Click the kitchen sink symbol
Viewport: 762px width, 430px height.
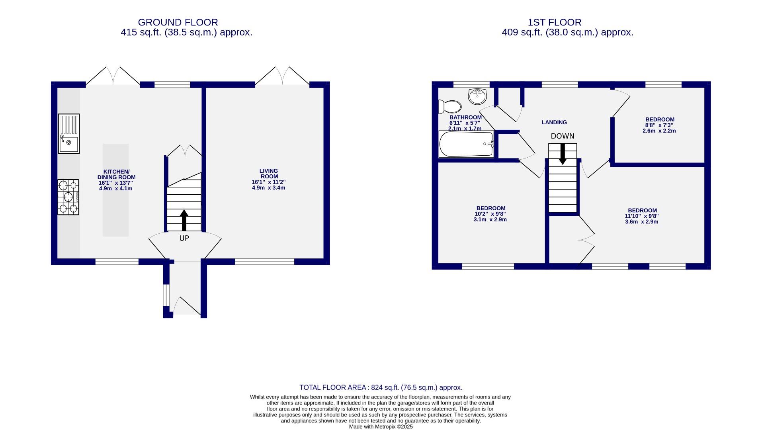(69, 134)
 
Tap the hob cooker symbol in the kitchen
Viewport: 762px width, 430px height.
(68, 197)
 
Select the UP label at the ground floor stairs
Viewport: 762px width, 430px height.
(184, 238)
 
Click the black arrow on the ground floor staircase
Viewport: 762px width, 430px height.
(184, 221)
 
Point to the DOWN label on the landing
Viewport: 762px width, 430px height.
(562, 136)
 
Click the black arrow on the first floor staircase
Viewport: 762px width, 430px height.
(563, 154)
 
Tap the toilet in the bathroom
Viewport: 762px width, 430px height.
(450, 107)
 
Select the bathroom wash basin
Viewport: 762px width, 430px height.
(477, 96)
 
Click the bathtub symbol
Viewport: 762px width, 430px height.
(466, 144)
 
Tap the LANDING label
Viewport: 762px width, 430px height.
(554, 123)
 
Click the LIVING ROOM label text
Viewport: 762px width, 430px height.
(269, 174)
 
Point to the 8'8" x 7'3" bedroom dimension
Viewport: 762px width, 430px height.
(659, 125)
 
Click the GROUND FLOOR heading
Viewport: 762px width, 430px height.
(178, 22)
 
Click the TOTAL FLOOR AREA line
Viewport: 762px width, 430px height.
(381, 387)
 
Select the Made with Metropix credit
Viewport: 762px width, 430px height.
(381, 427)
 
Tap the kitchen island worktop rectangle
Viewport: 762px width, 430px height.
(115, 190)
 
